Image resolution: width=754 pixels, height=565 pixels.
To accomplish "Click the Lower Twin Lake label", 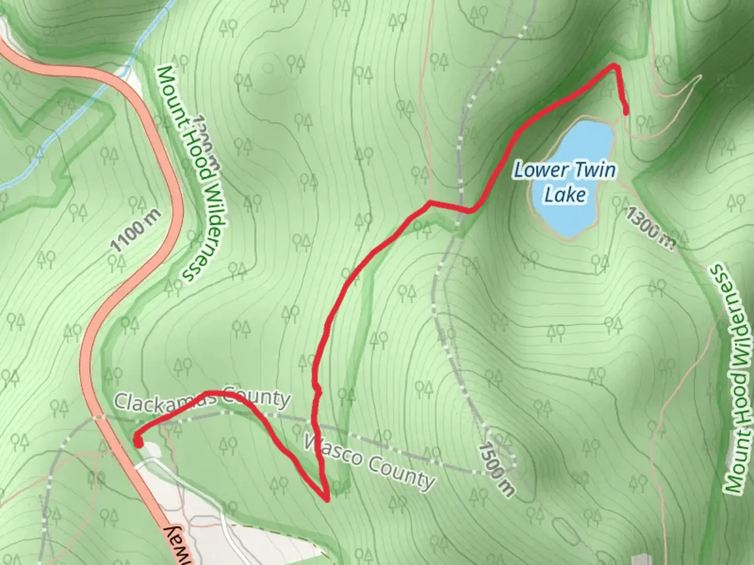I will pos(564,182).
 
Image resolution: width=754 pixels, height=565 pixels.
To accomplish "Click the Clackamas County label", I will pos(202,400).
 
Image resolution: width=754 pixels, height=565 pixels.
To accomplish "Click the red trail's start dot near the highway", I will pos(138,442).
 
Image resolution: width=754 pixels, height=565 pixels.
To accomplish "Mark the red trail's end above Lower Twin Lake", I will pos(626,110).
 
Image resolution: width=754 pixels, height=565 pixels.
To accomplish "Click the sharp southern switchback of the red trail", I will pos(326,499).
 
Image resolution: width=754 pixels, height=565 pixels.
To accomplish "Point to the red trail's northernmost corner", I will pos(615,66).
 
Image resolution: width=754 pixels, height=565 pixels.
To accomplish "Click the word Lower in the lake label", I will pos(533,170).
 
